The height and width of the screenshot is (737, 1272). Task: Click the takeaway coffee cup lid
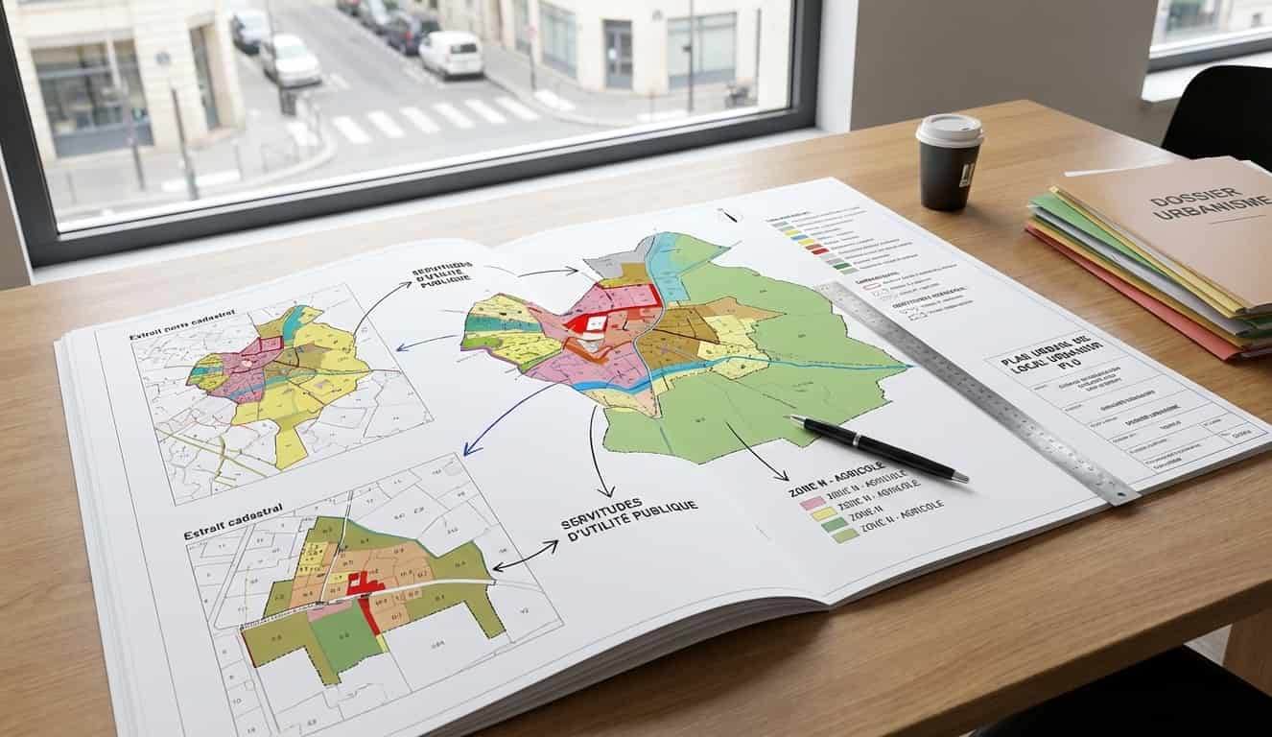(949, 130)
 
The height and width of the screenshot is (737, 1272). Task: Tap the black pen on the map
(878, 446)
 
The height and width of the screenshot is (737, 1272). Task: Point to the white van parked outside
(451, 54)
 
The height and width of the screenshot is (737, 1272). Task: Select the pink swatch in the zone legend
(813, 502)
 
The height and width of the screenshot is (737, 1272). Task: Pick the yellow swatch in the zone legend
(822, 513)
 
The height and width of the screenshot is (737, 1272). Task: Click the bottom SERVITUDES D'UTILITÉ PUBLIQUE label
(628, 515)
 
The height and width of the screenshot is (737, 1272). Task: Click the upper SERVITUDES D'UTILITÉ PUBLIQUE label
(443, 275)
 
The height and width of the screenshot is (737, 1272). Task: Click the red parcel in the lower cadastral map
(365, 583)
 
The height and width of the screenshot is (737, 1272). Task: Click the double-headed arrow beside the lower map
(525, 556)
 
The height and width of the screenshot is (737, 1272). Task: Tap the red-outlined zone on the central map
(628, 297)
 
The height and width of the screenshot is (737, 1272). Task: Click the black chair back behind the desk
(1218, 115)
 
